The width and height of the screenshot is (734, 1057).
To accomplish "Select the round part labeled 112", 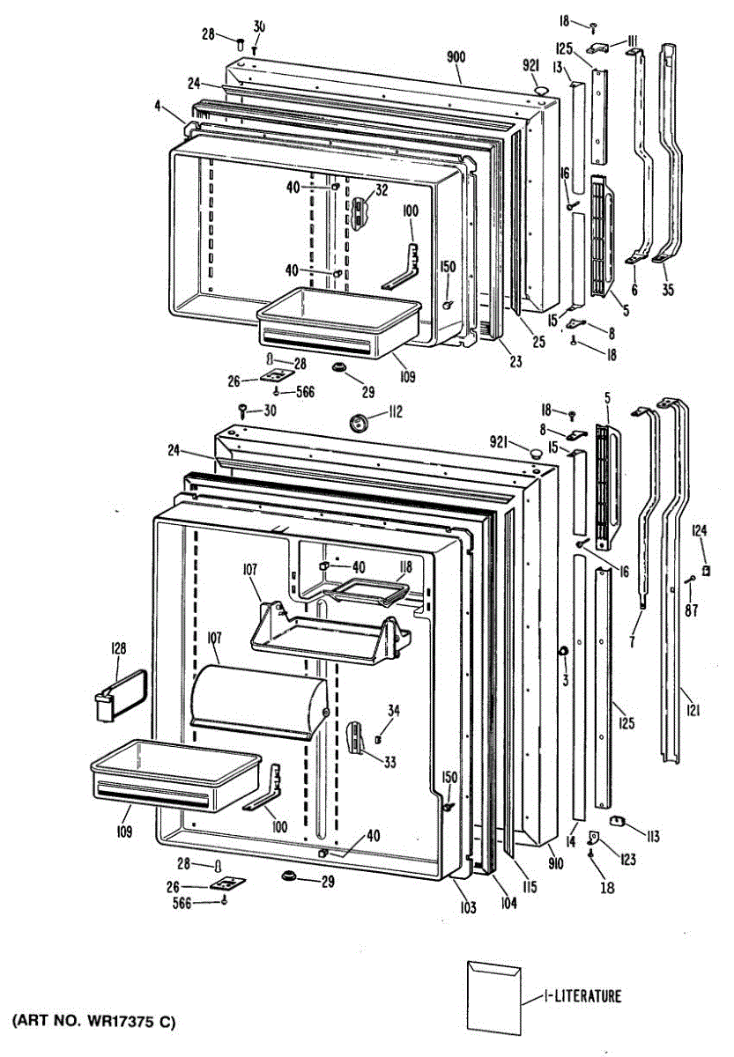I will [x=359, y=422].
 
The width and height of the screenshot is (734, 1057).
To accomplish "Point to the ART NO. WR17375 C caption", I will [x=93, y=1022].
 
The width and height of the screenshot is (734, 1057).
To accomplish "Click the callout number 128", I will [x=117, y=649].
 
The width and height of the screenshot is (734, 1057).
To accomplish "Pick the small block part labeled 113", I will [x=617, y=822].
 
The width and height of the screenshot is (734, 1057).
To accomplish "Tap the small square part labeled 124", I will [x=705, y=570].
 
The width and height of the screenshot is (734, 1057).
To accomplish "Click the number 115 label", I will [x=529, y=889].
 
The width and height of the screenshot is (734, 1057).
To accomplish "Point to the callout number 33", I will [x=389, y=763].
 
